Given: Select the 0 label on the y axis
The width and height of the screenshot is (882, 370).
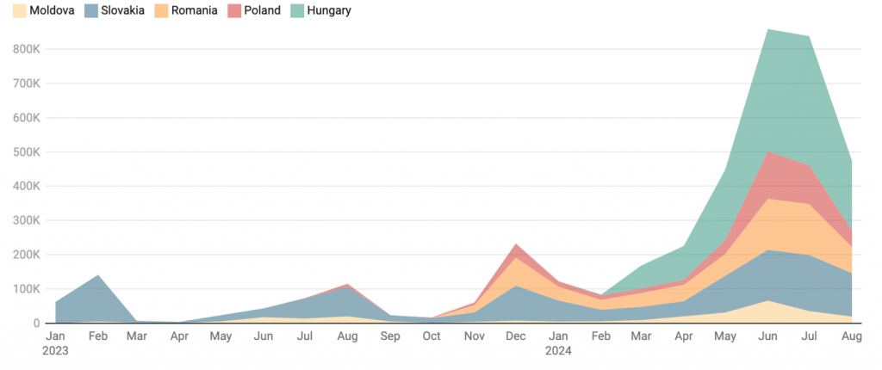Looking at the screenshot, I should [x=35, y=324].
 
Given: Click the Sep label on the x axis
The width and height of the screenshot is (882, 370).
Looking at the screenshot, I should [x=389, y=337].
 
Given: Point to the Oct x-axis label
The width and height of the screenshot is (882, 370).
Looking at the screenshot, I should [x=432, y=337].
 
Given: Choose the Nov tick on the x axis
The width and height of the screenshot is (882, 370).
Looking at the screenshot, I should [x=474, y=337].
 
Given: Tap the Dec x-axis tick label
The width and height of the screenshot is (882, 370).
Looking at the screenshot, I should [x=516, y=337].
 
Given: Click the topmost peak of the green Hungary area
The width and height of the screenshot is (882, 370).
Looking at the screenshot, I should [x=767, y=30].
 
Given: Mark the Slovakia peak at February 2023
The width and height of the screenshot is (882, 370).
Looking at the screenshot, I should [x=97, y=275].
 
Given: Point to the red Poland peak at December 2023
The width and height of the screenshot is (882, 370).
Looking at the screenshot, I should [x=516, y=245].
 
